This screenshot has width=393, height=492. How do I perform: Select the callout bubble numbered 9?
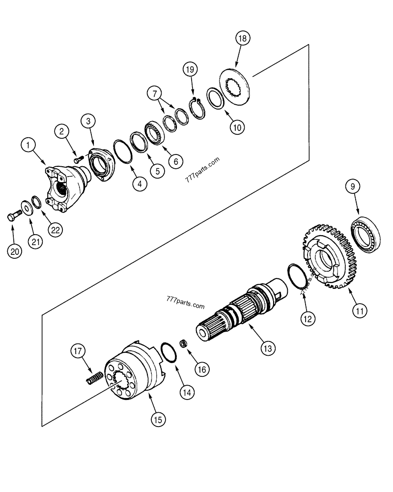point(352,187)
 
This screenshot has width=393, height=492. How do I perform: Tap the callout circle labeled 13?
point(266,349)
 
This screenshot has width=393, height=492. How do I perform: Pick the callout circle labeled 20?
point(15,251)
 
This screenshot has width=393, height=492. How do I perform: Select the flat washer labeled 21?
point(24,206)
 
